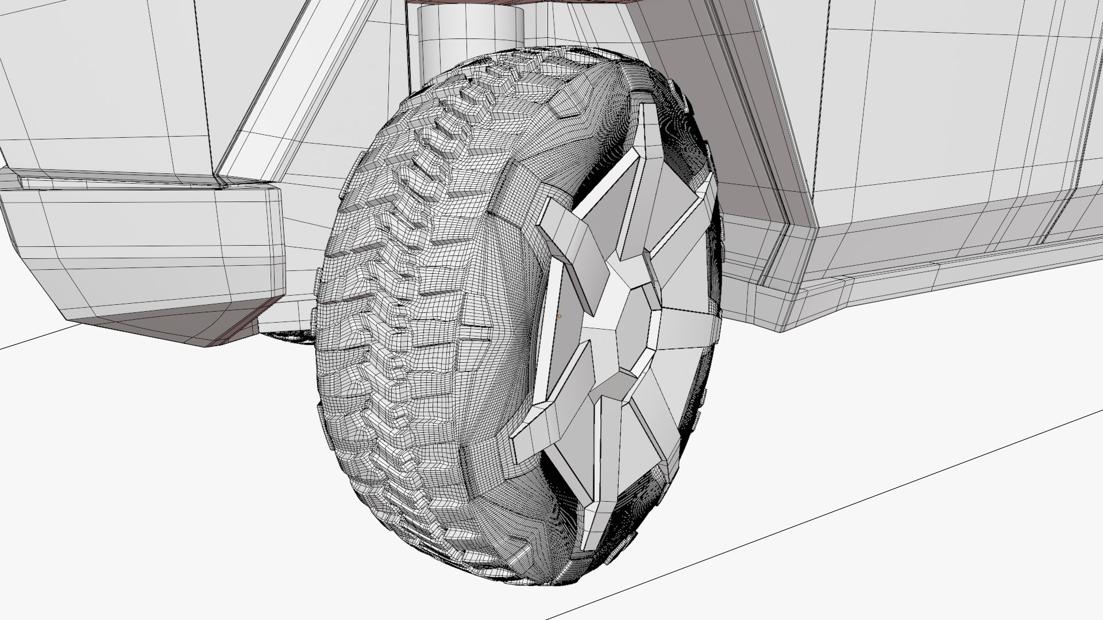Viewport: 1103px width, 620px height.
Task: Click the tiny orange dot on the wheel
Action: [559, 316]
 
